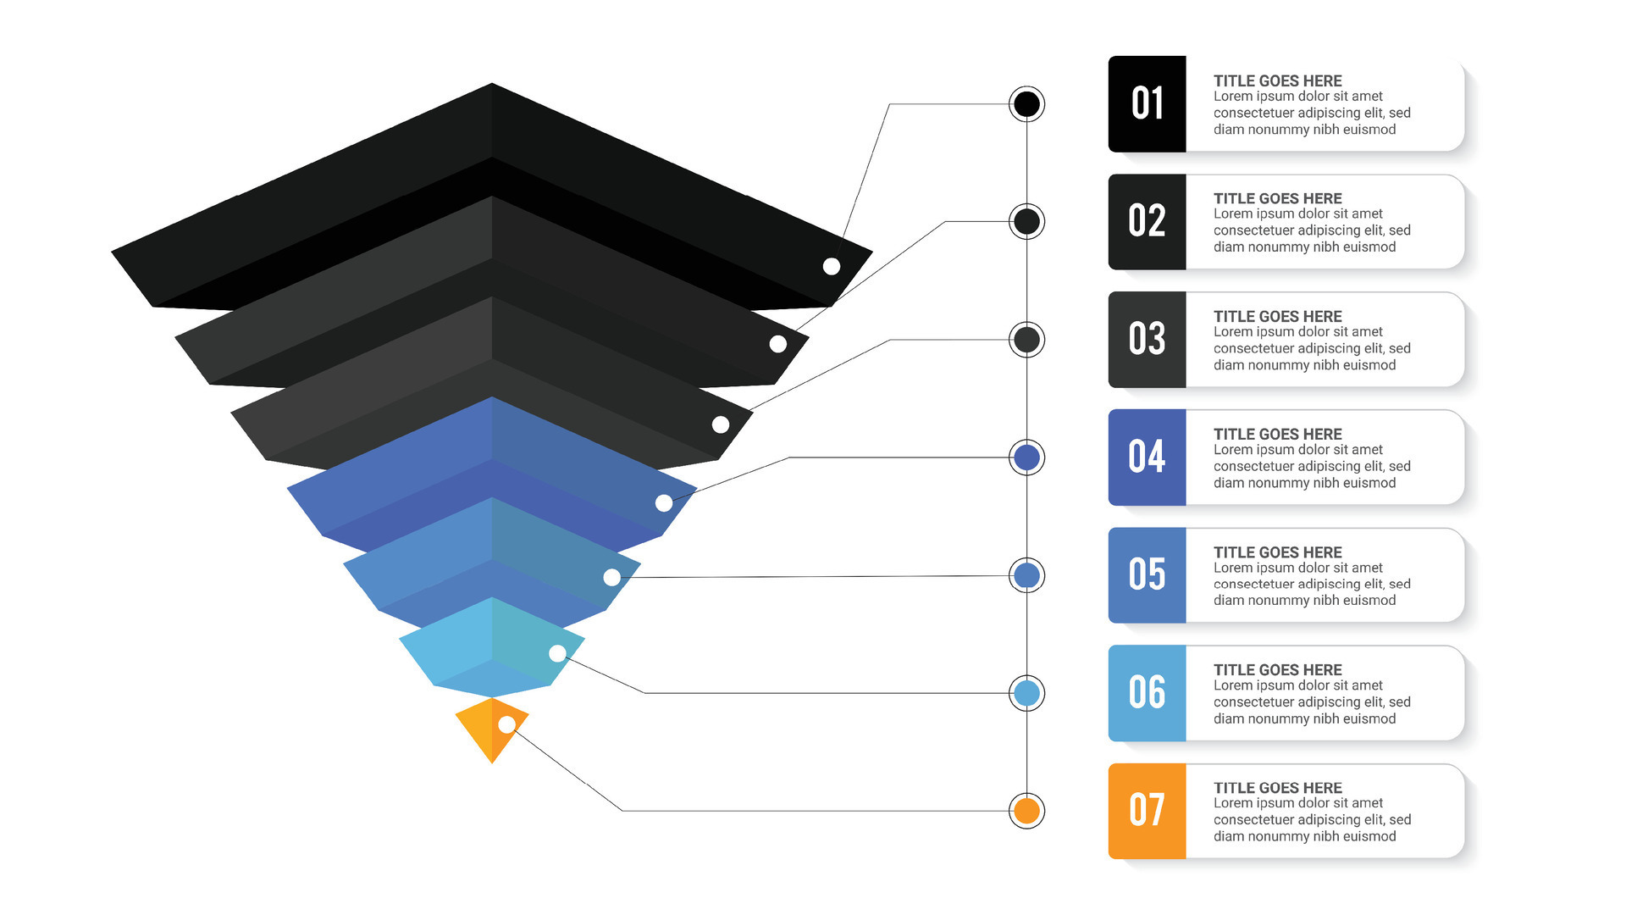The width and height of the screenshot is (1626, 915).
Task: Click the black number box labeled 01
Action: coord(1147,103)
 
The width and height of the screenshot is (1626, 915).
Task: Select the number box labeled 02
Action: coord(1147,221)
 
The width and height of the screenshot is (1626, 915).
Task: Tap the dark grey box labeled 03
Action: coord(1147,339)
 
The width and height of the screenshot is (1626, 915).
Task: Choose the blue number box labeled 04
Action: coord(1147,457)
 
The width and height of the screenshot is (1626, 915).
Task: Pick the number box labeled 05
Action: coord(1147,574)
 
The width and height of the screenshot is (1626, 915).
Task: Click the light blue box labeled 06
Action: coord(1147,692)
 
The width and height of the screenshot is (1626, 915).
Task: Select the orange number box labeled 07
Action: coord(1147,810)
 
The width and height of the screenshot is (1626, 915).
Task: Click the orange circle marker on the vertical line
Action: coord(1026,811)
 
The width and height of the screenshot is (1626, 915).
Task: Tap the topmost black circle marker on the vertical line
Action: coord(1026,104)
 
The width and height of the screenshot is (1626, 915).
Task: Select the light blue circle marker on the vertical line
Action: coord(1026,693)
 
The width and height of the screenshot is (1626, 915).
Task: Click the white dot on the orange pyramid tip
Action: coord(506,724)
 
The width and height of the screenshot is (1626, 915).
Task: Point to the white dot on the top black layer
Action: coord(832,266)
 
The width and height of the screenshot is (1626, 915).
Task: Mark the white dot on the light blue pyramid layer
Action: coord(557,653)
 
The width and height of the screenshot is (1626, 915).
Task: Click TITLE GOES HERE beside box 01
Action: coord(1277,81)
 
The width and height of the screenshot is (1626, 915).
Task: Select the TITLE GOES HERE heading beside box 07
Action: coord(1277,788)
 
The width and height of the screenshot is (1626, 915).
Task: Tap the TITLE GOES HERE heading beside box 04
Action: coord(1277,435)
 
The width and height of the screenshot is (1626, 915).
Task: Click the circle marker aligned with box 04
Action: coord(1026,457)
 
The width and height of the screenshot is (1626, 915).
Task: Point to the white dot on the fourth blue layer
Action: coord(664,503)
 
